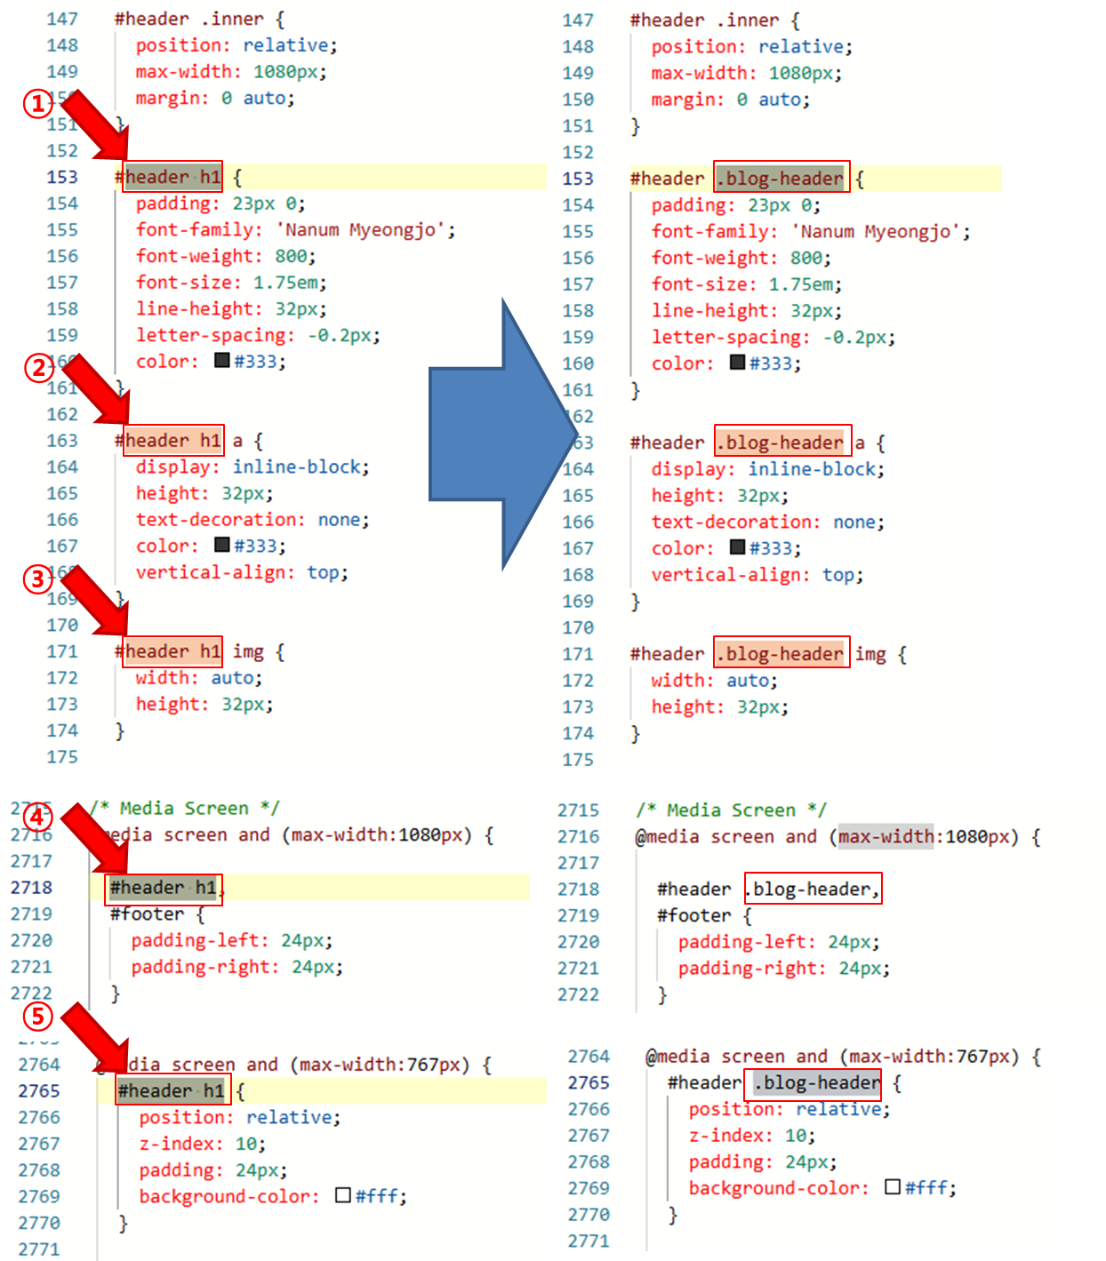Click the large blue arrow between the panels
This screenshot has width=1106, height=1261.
click(498, 435)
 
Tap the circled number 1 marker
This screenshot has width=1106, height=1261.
click(37, 104)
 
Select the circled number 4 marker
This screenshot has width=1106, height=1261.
click(37, 818)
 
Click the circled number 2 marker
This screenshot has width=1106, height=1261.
click(37, 367)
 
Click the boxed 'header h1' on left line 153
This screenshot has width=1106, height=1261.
click(172, 177)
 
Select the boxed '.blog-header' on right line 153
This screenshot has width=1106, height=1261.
click(782, 178)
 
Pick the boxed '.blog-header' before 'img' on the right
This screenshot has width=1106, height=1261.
click(782, 654)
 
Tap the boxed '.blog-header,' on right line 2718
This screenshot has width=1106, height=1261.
click(813, 889)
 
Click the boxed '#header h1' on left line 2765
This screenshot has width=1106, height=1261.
click(172, 1090)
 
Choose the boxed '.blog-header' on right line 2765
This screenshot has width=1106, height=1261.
click(816, 1082)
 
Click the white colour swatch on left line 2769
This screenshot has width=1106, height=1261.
click(343, 1195)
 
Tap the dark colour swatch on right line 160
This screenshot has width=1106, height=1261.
click(737, 363)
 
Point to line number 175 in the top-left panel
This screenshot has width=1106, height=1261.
click(62, 757)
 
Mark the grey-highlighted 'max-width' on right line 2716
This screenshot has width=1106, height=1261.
click(886, 836)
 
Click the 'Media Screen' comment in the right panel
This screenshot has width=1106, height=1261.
click(731, 810)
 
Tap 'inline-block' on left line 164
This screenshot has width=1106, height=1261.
click(301, 467)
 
